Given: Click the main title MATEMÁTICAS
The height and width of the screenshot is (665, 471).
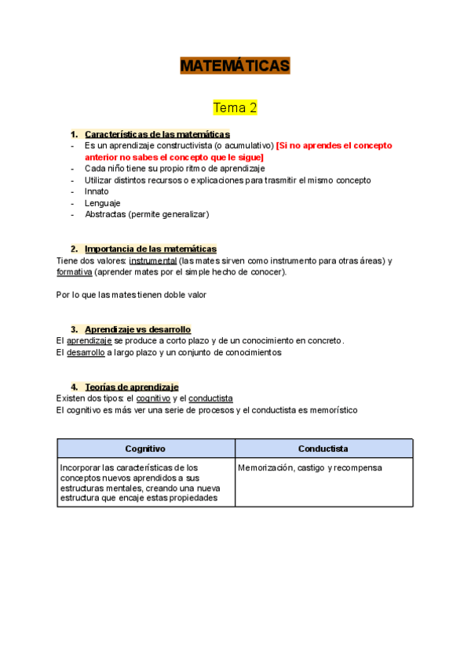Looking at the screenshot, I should (235, 66).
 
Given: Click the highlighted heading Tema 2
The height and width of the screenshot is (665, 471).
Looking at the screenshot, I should (235, 107).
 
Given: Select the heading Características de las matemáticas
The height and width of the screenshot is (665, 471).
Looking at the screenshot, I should (157, 134).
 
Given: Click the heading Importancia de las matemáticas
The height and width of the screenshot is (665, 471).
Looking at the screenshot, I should (150, 249).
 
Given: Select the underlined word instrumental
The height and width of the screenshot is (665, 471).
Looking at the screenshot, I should (152, 260).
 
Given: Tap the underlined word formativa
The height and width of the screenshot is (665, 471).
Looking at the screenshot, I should (75, 272).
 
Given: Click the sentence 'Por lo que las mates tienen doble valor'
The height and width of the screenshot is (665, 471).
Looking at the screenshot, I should (131, 295).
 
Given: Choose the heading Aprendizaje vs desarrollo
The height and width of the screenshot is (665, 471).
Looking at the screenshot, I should (137, 329).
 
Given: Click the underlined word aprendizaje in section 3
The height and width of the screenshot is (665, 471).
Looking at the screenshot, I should (89, 341).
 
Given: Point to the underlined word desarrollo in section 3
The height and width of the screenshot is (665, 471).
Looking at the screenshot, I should (86, 353).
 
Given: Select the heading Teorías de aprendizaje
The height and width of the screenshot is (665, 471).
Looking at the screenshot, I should (131, 387).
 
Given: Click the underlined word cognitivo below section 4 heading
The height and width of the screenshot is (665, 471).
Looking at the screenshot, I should (152, 398).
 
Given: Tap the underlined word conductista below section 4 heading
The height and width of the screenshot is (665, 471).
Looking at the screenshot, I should (210, 398).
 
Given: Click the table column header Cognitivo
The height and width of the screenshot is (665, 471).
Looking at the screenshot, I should (145, 449).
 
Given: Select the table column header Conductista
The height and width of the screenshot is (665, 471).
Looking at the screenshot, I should (323, 449).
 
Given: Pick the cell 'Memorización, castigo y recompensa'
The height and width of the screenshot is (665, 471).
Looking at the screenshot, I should (310, 467).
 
